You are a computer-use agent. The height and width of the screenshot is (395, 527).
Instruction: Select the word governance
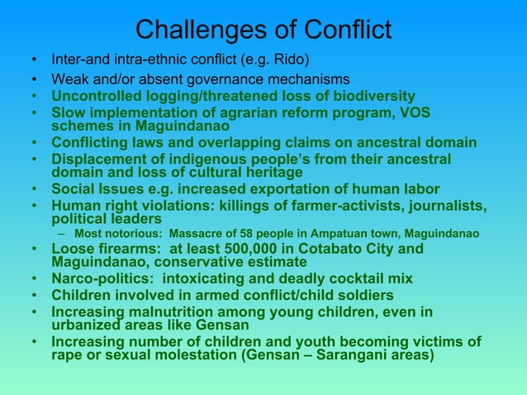click(248, 79)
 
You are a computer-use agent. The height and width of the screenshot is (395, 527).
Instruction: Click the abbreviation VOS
click(415, 112)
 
